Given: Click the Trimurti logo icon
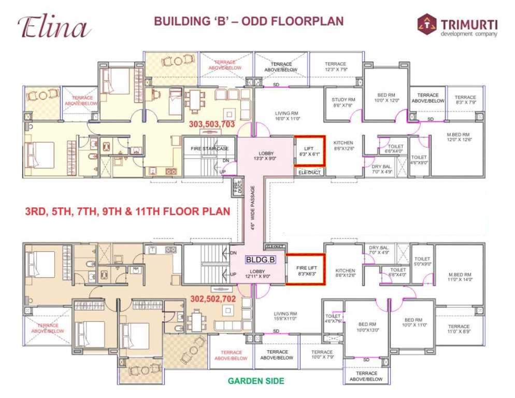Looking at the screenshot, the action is pos(427,24).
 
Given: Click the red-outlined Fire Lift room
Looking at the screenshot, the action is pos(305,269).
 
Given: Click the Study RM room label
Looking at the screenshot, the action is pos(343,102).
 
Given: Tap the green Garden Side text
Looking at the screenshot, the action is pos(255,381).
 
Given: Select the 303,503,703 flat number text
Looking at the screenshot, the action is pos(212,124).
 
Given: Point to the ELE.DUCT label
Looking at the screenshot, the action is pos(310,173).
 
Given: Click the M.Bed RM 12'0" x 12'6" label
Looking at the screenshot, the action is pos(458,137).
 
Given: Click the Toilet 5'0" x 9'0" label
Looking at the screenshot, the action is pos(422,261).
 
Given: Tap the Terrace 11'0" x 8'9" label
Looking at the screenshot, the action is pos(459,330).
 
